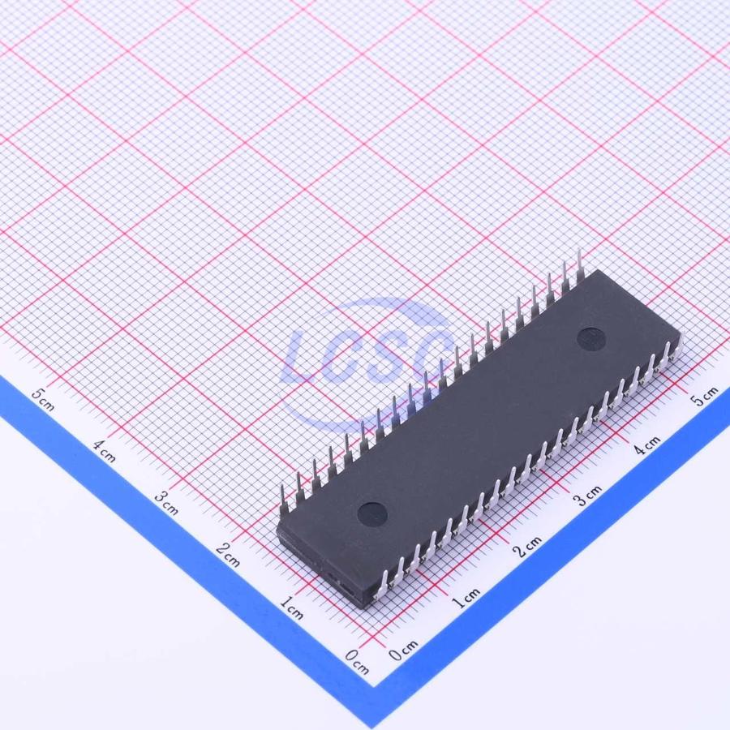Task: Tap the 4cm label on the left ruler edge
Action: coord(104,451)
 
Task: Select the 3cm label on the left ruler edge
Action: coord(166,503)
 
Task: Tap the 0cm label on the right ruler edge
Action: coord(404,650)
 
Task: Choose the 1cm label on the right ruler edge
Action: coord(466,598)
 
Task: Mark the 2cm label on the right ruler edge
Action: coord(527,547)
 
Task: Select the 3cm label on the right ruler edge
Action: coord(587,496)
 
